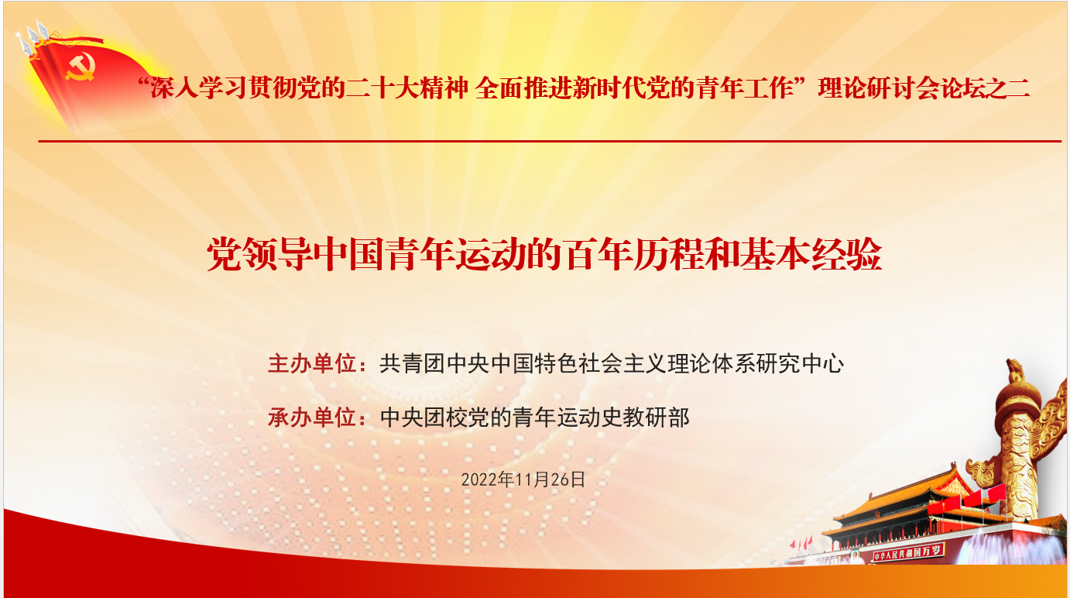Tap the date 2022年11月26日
click(x=523, y=479)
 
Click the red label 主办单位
click(x=312, y=364)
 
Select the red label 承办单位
click(x=312, y=418)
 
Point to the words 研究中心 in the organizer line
click(x=800, y=364)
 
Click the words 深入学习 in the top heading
click(x=198, y=88)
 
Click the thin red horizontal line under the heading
click(x=550, y=142)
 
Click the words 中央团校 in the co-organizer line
click(x=424, y=418)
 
